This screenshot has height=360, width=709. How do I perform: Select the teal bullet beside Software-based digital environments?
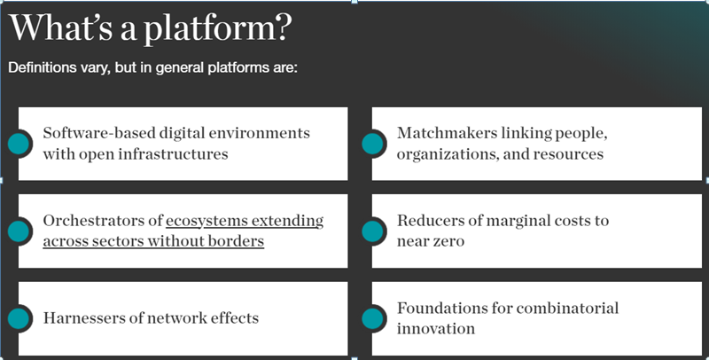click(19, 144)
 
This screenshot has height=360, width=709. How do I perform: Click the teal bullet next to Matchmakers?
click(372, 144)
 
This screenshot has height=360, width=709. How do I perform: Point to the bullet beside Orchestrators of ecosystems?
click(19, 231)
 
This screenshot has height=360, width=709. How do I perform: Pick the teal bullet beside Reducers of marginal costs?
click(372, 231)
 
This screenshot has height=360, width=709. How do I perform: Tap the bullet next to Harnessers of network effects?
click(19, 318)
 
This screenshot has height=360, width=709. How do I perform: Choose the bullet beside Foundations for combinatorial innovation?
click(372, 318)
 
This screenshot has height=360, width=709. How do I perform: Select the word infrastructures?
click(173, 154)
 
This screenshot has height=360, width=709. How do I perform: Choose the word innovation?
click(436, 329)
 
